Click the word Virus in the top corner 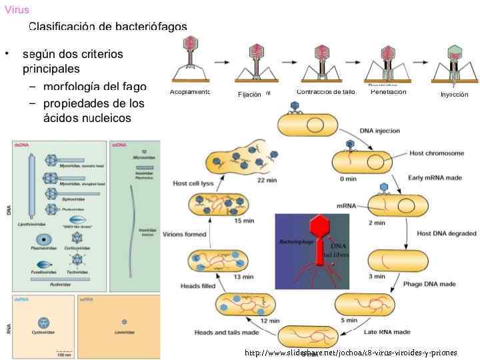click(17, 9)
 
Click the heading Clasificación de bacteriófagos click(107, 27)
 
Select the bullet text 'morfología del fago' click(94, 87)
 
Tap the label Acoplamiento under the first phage click(190, 92)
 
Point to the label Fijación click(249, 95)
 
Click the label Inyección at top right click(454, 95)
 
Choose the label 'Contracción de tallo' click(325, 92)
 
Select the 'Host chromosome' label click(437, 153)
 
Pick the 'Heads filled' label click(199, 286)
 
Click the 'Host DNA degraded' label click(446, 233)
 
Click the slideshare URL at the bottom click(351, 353)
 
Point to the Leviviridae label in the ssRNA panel click(125, 332)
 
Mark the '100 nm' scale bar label click(64, 355)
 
